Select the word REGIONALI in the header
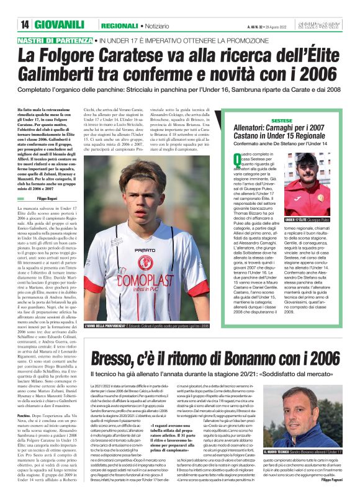pos(120,25)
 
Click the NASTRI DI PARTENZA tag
pos(55,40)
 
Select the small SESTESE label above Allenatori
pos(282,119)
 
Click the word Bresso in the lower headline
pos(116,358)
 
